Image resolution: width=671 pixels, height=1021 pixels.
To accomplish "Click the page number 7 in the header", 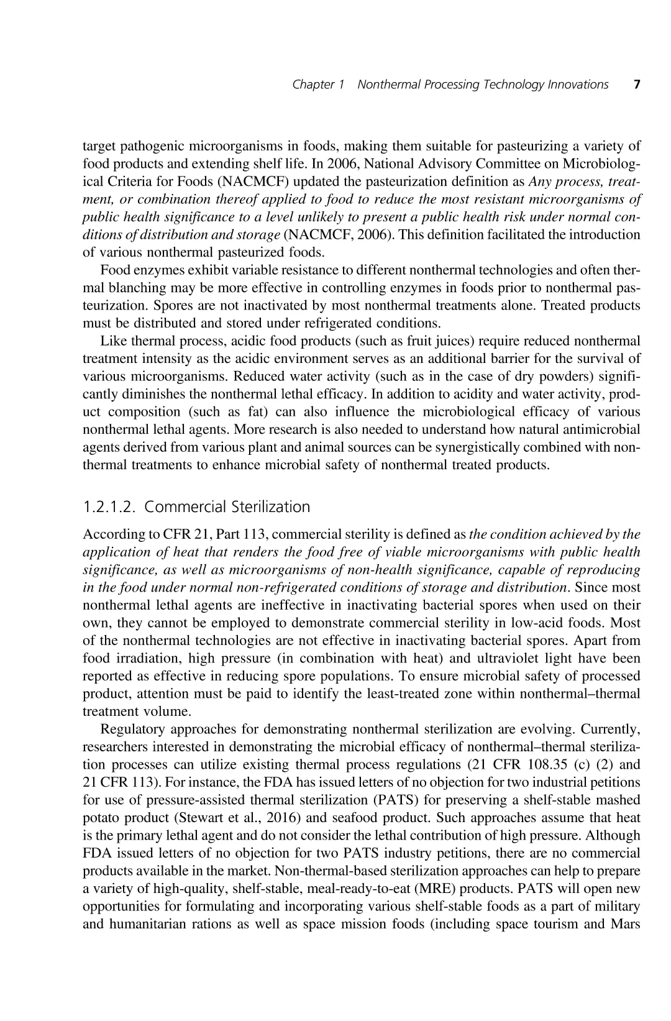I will click(637, 85).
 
